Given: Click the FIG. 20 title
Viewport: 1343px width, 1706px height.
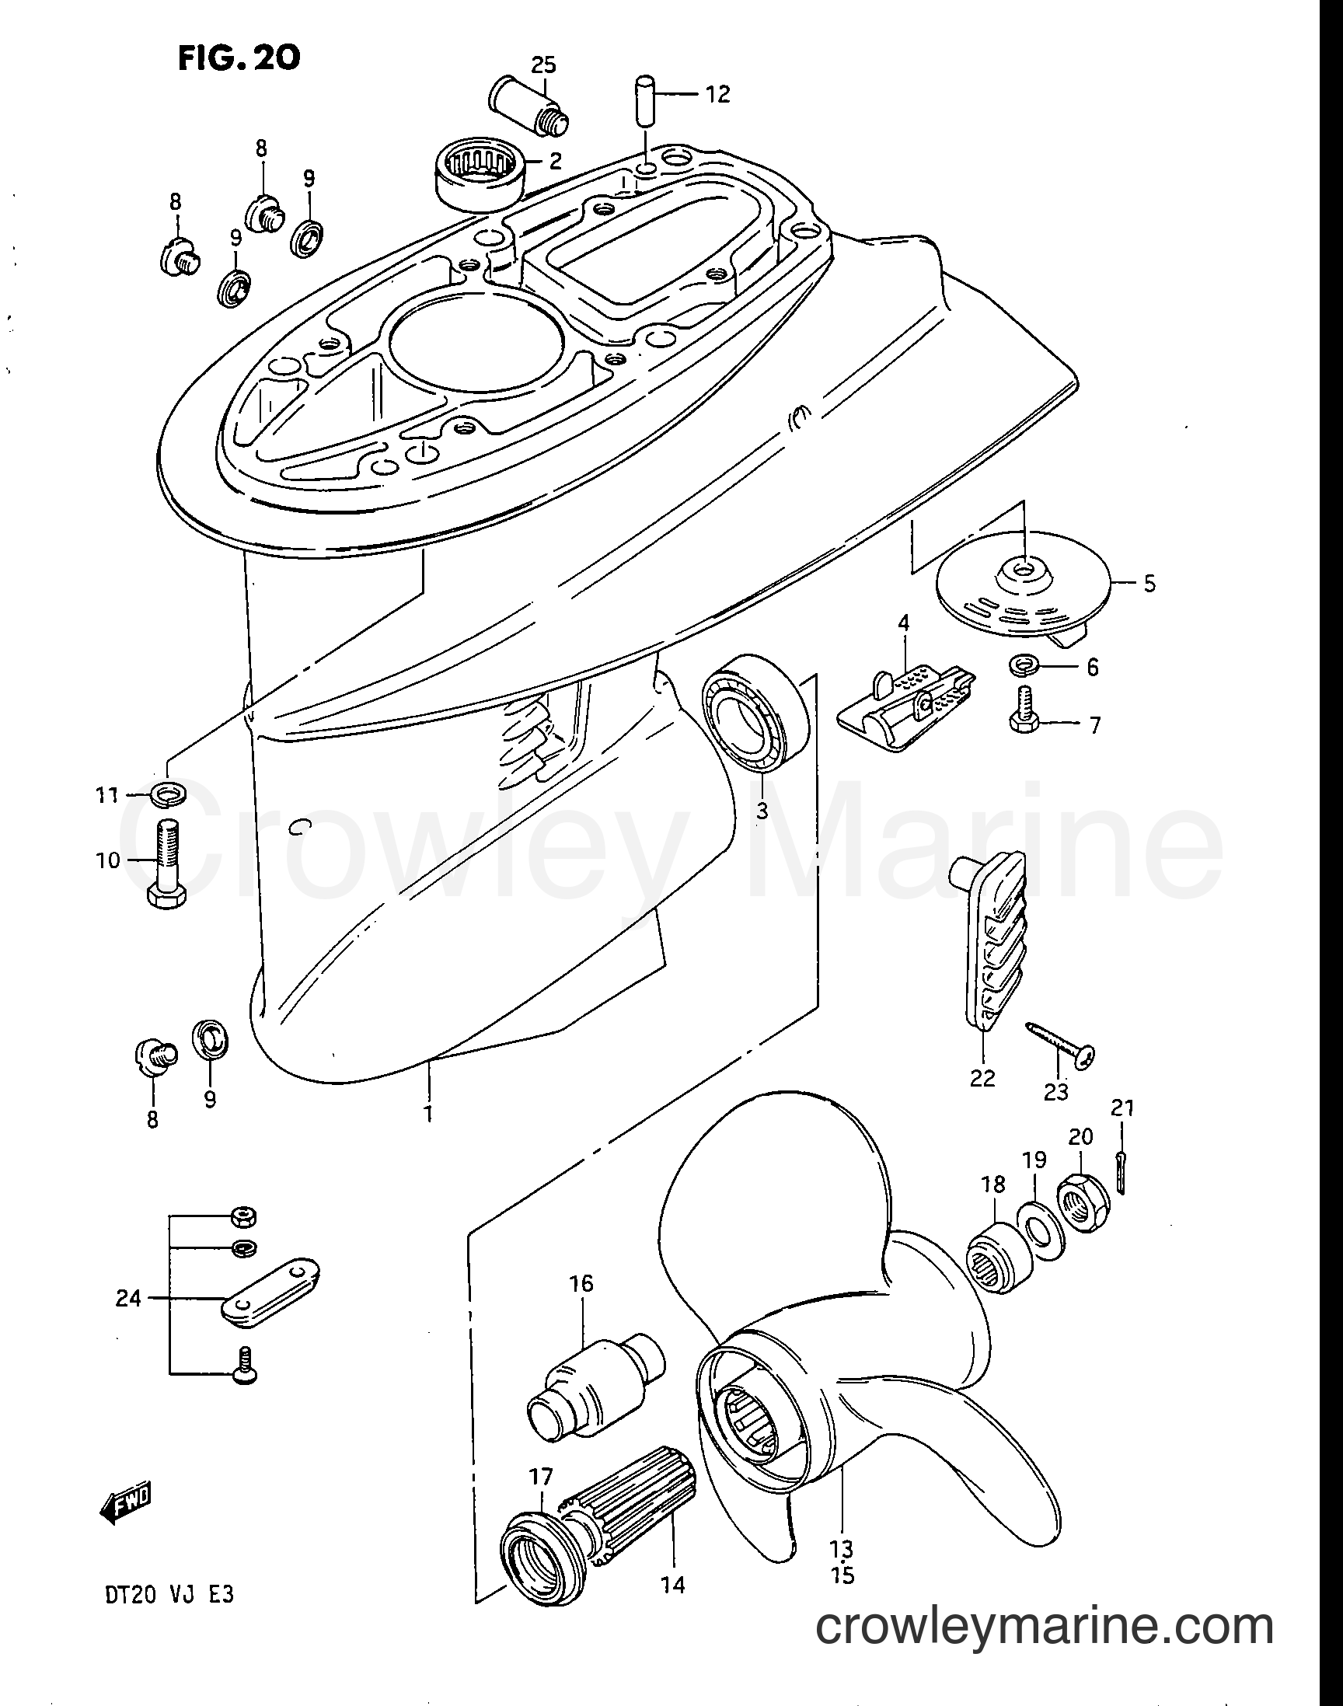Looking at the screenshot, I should tap(239, 58).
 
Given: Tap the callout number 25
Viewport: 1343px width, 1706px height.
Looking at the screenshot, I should tap(542, 65).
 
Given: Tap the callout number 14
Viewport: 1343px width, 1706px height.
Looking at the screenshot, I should tap(673, 1583).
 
